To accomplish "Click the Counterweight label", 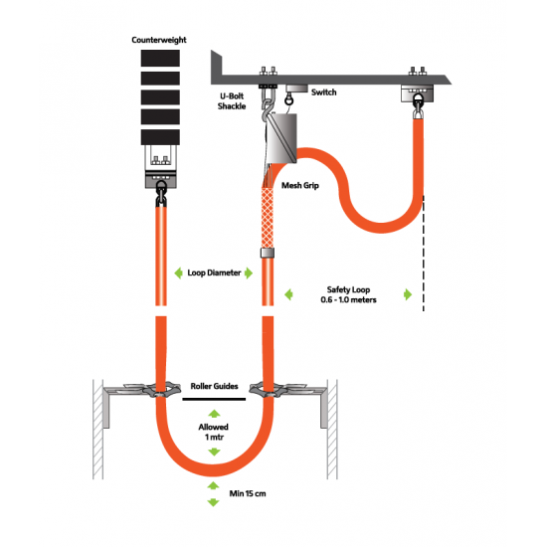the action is (159, 40).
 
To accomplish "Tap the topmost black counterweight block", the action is (160, 58).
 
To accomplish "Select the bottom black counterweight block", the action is (160, 137).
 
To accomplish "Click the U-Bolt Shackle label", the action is (232, 101).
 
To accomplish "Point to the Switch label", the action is (324, 92).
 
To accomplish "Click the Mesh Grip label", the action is (300, 186).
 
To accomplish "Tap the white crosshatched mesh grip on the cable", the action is (268, 218).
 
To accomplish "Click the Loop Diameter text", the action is (214, 273).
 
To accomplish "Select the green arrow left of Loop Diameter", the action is (179, 273).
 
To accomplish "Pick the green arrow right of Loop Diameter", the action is (249, 273).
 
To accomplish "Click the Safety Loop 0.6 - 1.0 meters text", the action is (348, 294).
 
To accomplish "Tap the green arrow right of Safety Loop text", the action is (408, 294).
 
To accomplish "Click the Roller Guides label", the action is (214, 386).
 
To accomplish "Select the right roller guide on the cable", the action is (269, 390).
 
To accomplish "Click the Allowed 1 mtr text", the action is (214, 432).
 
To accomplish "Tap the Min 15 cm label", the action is (248, 493).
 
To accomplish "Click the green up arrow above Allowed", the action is (214, 414).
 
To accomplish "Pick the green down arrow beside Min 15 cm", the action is (213, 502).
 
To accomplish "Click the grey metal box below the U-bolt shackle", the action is (281, 138).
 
